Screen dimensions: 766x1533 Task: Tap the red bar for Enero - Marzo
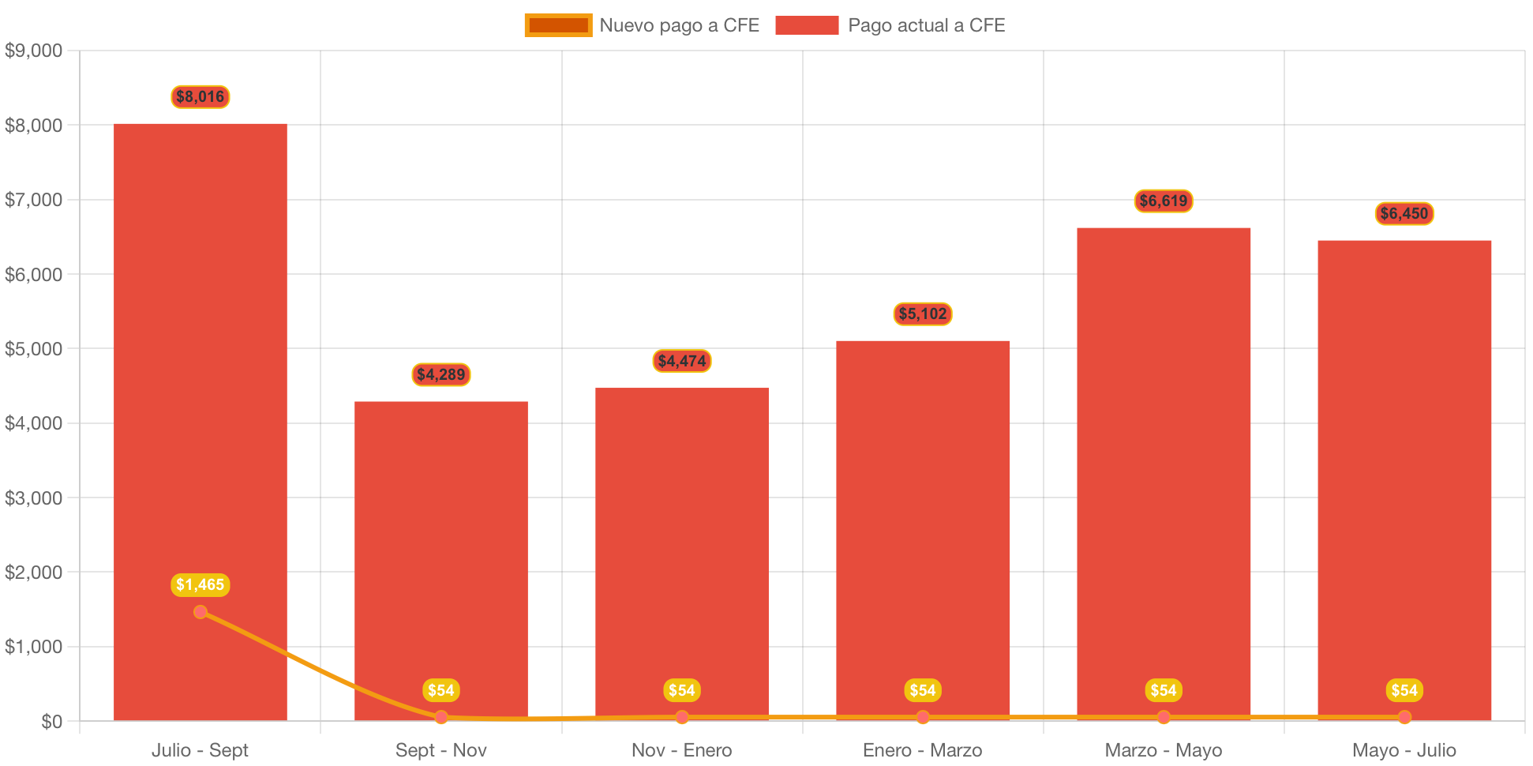[x=922, y=513]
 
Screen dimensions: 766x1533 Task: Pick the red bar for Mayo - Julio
[x=1404, y=474]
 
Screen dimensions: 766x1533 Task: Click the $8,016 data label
[x=201, y=97]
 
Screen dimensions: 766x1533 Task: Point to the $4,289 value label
[x=441, y=374]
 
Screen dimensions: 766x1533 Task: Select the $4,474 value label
[x=682, y=361]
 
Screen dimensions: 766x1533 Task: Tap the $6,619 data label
[x=1164, y=201]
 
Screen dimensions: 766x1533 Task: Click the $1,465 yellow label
[x=201, y=584]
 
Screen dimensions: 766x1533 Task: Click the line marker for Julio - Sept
[x=201, y=612]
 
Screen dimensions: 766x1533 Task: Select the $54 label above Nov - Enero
[x=682, y=690]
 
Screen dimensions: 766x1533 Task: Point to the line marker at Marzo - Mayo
[x=1164, y=717]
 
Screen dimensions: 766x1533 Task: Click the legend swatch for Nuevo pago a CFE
[x=558, y=25]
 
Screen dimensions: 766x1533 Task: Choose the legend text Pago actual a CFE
[x=926, y=25]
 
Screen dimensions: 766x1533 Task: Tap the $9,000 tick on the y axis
[x=34, y=51]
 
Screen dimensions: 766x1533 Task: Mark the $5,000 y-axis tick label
[x=34, y=349]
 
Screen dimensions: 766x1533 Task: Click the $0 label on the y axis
[x=51, y=722]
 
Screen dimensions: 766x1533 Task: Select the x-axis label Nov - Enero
[x=682, y=750]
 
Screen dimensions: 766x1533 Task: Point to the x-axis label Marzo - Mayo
[x=1164, y=750]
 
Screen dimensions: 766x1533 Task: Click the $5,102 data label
[x=923, y=314]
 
